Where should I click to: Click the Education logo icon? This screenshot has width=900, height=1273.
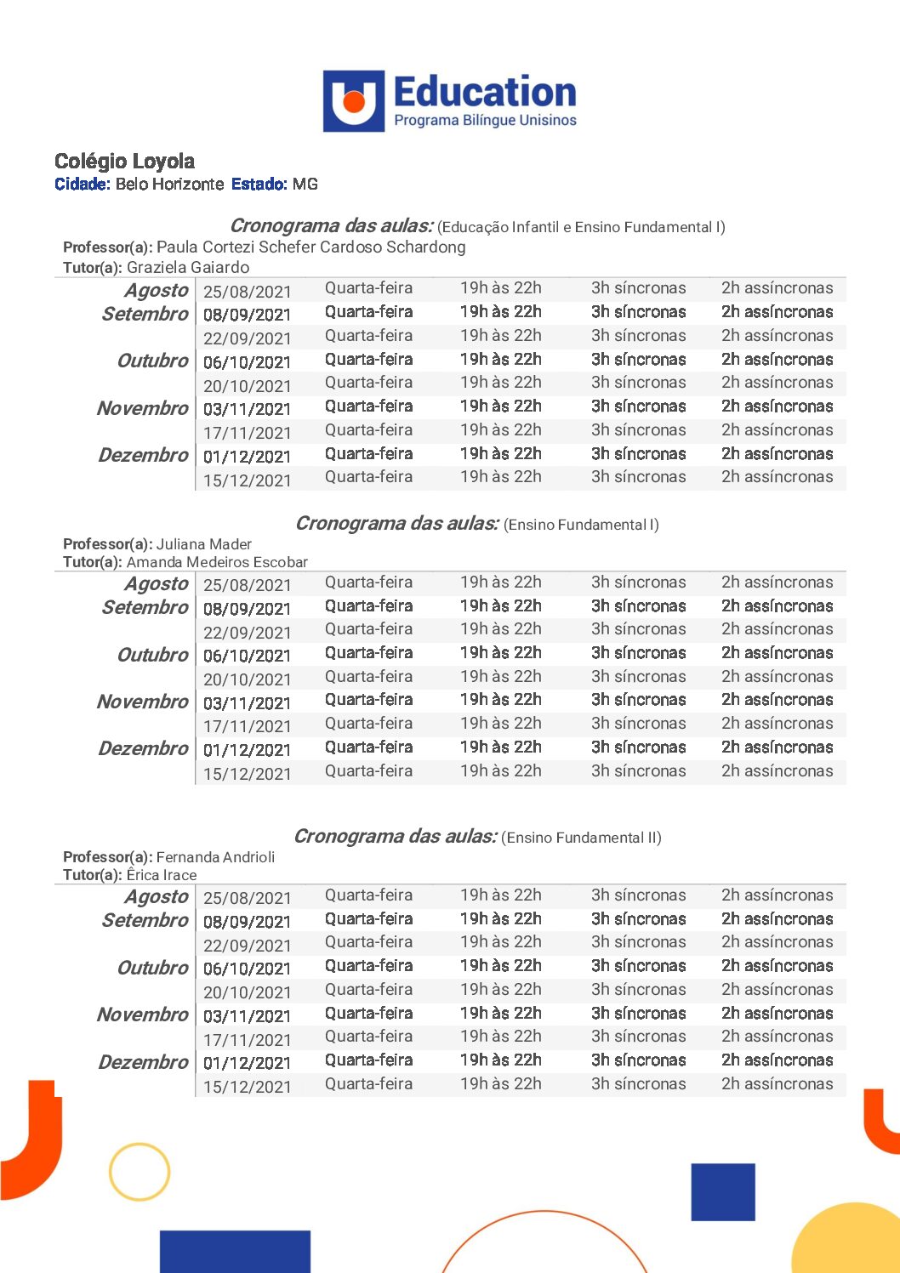click(x=353, y=101)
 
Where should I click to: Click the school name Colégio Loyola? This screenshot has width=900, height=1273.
click(x=124, y=162)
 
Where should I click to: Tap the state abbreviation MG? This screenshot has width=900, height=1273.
click(x=305, y=184)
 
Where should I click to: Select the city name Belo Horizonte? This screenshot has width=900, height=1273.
click(x=169, y=184)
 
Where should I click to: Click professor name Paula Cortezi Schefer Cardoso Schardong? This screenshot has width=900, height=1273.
click(x=310, y=247)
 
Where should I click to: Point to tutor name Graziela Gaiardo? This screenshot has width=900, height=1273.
click(x=188, y=268)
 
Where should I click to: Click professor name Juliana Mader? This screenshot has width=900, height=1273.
click(x=204, y=544)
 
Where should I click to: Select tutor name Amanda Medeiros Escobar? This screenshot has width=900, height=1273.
click(x=217, y=562)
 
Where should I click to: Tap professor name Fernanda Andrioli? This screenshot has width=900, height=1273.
click(x=215, y=857)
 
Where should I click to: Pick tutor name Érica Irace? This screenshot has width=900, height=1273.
click(x=162, y=875)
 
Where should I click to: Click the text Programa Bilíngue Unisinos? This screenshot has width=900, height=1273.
click(x=485, y=121)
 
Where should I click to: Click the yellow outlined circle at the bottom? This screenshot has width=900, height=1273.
click(x=140, y=1172)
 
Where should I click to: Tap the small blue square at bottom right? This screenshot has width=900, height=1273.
click(x=723, y=1191)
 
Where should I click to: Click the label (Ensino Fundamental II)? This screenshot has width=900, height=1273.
click(x=581, y=838)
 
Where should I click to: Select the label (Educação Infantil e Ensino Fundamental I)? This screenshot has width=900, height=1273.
click(x=581, y=227)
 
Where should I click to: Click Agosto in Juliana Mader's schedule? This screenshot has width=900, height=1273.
click(x=156, y=584)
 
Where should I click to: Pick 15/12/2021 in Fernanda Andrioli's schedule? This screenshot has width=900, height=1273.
click(x=247, y=1087)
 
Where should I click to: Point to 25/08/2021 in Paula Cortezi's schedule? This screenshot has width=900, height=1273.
click(x=247, y=292)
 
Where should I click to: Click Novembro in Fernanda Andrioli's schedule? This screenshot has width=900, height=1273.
click(x=142, y=1014)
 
